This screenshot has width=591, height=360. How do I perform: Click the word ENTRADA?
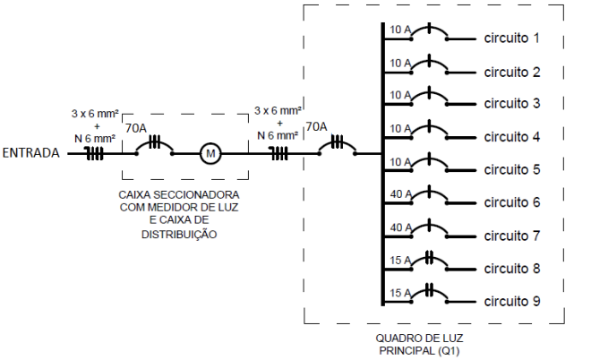point(31,153)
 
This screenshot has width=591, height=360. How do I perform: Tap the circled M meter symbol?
point(211,153)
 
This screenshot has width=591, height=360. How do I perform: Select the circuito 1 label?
point(513,39)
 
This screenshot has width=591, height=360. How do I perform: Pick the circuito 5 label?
point(513,169)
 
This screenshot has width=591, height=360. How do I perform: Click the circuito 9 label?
point(513,301)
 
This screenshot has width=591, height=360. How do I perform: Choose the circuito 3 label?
point(513,104)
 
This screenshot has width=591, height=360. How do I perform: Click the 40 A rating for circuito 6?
point(399,193)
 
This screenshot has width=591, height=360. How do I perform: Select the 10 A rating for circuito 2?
point(399,64)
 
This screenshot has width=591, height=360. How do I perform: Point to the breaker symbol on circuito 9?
point(430,293)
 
